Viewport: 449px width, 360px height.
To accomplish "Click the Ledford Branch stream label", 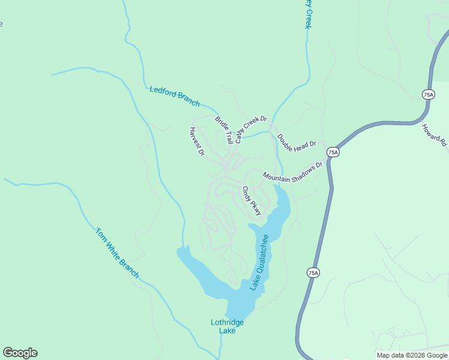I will pyautogui.click(x=174, y=97).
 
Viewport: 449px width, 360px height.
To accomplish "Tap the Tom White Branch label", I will pyautogui.click(x=117, y=252).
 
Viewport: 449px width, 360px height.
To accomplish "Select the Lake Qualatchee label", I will pyautogui.click(x=260, y=262).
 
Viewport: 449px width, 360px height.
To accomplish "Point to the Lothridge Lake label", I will pyautogui.click(x=228, y=326).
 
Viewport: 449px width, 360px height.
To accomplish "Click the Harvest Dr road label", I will pyautogui.click(x=197, y=142).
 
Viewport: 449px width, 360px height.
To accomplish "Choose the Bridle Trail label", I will pyautogui.click(x=224, y=130).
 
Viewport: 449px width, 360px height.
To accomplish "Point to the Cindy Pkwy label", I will pyautogui.click(x=252, y=201).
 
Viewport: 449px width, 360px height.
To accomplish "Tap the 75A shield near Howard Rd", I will pyautogui.click(x=427, y=95).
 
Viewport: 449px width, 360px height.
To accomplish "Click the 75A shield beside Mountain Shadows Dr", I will pyautogui.click(x=334, y=152).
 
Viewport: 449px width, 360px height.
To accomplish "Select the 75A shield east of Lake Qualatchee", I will pyautogui.click(x=313, y=272).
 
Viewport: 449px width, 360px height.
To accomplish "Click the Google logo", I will pyautogui.click(x=20, y=353).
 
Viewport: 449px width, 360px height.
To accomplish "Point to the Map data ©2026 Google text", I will pyautogui.click(x=411, y=355).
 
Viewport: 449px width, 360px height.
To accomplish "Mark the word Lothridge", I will pyautogui.click(x=228, y=323).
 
